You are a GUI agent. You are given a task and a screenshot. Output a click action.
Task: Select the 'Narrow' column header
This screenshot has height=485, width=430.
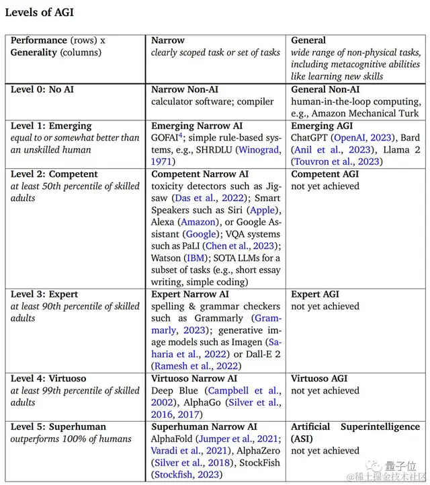[168, 40]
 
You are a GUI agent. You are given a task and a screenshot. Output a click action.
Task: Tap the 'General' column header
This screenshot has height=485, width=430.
[308, 40]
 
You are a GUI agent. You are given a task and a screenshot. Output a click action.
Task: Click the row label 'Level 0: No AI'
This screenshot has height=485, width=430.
[42, 89]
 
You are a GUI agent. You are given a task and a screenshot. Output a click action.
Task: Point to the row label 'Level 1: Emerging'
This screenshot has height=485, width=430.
[51, 126]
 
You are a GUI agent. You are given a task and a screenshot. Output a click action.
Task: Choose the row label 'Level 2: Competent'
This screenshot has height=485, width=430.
[54, 174]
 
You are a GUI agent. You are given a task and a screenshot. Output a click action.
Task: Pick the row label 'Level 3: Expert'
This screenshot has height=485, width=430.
[44, 294]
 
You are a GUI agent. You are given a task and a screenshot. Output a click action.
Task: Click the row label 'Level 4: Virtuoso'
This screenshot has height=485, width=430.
[48, 379]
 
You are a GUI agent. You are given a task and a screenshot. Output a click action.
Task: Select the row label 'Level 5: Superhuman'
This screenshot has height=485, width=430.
[58, 426]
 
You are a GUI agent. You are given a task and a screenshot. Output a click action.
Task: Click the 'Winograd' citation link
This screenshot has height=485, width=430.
[259, 150]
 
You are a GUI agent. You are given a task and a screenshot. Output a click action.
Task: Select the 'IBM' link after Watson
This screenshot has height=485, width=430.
[193, 258]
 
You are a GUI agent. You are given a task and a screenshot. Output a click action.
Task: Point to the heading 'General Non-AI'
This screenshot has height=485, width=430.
[325, 89]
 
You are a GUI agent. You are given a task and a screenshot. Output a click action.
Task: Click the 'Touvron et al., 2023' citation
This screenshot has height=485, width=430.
[336, 161]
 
